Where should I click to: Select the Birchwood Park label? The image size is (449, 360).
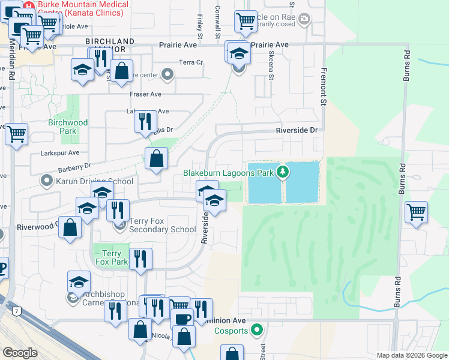point(68,127)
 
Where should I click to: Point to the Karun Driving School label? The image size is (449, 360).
point(95,181)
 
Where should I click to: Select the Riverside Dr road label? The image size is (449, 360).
point(296,130)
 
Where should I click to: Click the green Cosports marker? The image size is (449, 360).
point(258,330)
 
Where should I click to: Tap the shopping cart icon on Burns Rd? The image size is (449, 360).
point(416,211)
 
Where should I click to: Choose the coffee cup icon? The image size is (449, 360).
point(182,319)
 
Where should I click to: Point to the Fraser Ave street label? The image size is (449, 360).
point(146,94)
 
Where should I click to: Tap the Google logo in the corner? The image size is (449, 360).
point(20,353)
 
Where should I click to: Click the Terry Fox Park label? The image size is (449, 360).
point(112,258)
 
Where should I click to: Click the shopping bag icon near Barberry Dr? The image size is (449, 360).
point(156,158)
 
